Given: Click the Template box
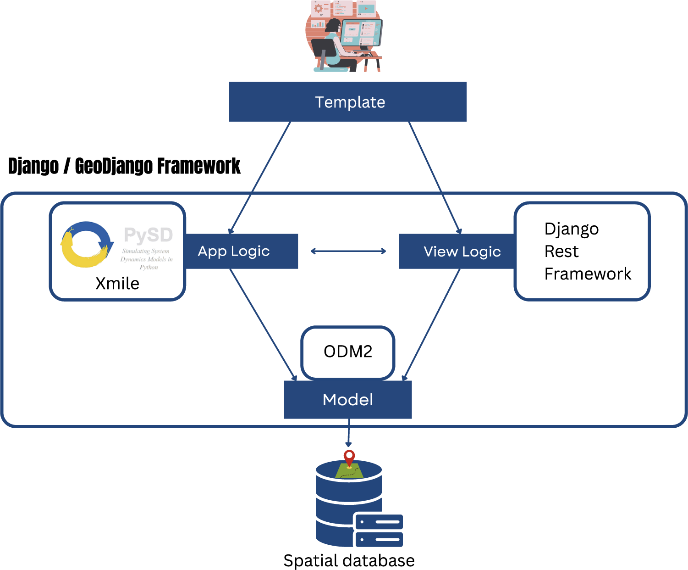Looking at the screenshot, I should coord(347,102).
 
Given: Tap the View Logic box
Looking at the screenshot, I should coord(457,251).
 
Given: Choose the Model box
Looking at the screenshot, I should coord(347,399).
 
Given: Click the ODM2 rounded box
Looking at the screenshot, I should coord(348,352).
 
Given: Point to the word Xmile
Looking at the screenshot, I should coord(117,284).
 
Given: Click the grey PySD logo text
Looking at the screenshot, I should coord(148,235).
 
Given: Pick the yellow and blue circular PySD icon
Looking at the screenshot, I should coord(86,244).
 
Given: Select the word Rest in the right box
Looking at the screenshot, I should coord(561,251).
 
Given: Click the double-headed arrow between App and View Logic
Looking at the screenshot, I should coord(348,251).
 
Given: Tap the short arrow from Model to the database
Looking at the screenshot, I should coord(348,432).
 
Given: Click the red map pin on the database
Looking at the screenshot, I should coord(349,457).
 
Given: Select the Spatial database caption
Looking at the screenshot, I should coord(349,560).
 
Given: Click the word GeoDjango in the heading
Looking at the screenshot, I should coord(113,166).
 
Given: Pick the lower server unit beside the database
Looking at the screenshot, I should coord(379,539).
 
